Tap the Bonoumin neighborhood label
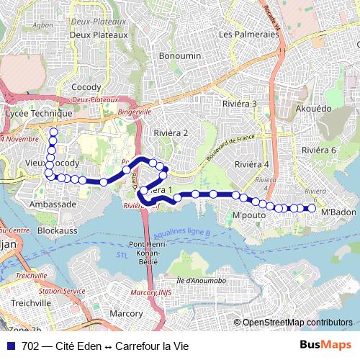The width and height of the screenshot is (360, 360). click(180, 55)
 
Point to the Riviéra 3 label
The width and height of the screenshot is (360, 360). click(240, 104)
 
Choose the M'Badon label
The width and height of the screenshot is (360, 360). click(338, 212)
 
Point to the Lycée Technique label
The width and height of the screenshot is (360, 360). click(39, 114)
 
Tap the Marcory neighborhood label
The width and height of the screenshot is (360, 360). click(127, 313)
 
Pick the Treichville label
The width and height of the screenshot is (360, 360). click(30, 303)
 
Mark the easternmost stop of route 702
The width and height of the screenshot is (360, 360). click(312, 209)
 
